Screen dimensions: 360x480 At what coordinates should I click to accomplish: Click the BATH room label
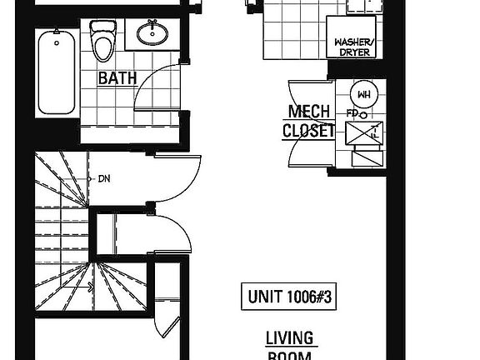pos(117,79)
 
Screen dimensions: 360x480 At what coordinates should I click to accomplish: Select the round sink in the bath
pos(152,35)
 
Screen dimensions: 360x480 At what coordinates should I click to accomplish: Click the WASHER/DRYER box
pos(355,45)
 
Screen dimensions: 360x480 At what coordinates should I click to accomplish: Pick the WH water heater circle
pos(363,92)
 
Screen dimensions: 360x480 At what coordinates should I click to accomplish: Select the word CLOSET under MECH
pos(308,131)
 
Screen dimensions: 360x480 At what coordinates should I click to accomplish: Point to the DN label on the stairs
pos(104,177)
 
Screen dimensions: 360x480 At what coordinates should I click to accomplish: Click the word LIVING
pos(289,338)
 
